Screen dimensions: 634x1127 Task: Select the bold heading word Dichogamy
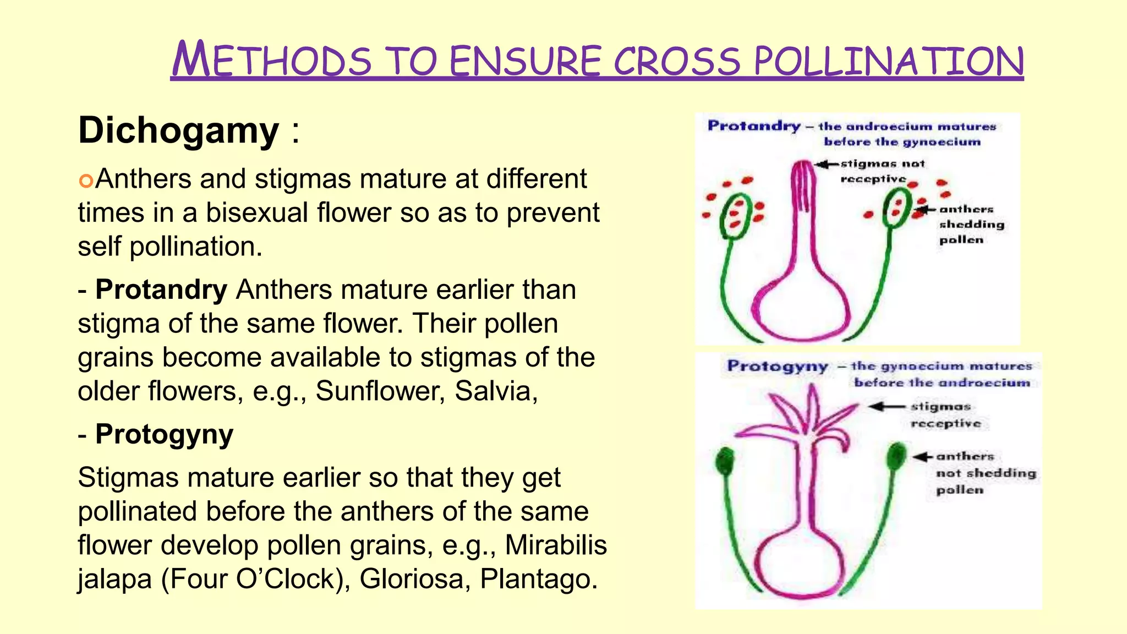[x=178, y=131]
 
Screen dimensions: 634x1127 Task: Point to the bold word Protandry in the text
[x=161, y=290]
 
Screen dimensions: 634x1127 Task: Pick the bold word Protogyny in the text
[x=164, y=434]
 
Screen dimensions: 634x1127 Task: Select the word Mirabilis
[x=555, y=545]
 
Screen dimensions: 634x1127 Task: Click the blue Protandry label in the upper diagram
[x=754, y=126]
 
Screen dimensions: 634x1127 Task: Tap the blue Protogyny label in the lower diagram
[x=777, y=367]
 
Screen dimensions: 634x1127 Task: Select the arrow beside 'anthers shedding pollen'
[x=927, y=210]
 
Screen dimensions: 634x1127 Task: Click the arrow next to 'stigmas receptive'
[x=886, y=407]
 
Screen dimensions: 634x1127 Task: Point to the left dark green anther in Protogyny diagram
[x=725, y=461]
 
